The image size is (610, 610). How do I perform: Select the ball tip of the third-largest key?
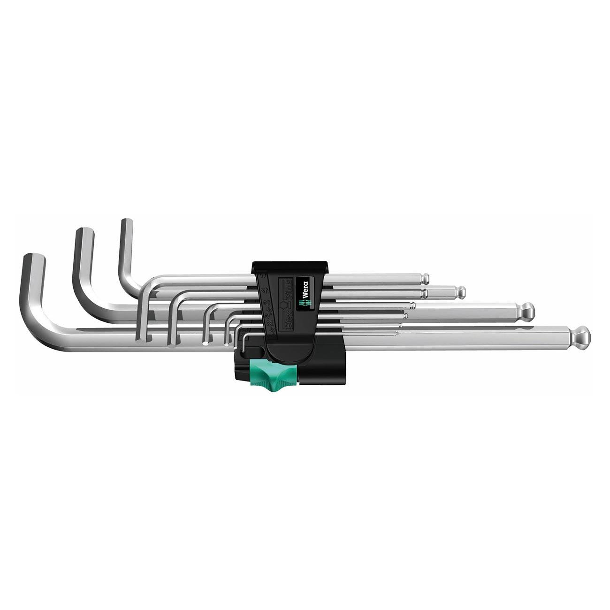[461, 292]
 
